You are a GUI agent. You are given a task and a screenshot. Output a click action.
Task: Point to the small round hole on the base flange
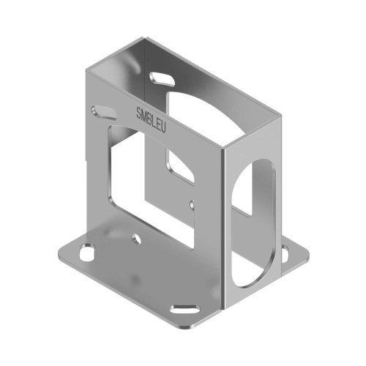[x=136, y=238]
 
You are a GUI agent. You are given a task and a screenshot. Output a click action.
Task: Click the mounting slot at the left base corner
[x=87, y=251]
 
